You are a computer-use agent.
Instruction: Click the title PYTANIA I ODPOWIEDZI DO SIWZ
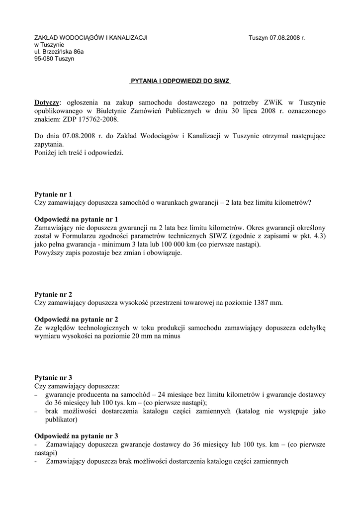pyautogui.click(x=180, y=80)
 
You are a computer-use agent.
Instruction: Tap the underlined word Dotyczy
pyautogui.click(x=46, y=103)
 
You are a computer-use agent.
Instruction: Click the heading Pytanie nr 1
pyautogui.click(x=53, y=194)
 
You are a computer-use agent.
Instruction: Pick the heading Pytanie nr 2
pyautogui.click(x=53, y=294)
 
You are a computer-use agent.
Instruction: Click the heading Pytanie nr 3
pyautogui.click(x=53, y=378)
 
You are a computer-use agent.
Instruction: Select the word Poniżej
pyautogui.click(x=46, y=153)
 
